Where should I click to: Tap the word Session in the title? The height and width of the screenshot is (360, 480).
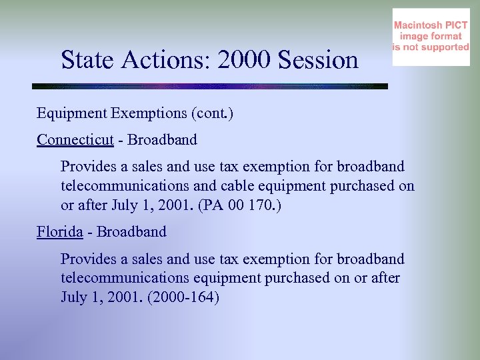[318, 61]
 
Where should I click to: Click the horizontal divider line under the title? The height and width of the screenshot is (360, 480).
[210, 87]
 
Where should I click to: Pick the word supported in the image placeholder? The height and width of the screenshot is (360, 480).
[440, 47]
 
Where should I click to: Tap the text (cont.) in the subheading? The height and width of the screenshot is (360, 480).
[212, 113]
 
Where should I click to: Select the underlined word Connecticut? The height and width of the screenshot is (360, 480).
[75, 139]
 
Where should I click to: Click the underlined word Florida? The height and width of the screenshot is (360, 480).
[59, 232]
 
